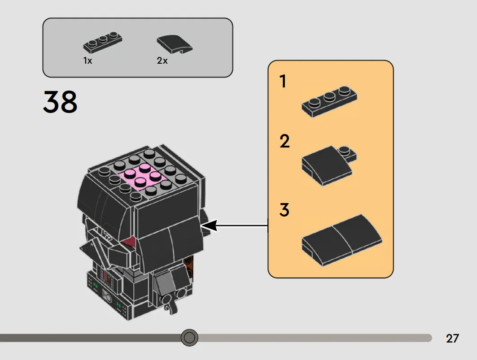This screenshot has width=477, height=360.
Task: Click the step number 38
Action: (x=60, y=102)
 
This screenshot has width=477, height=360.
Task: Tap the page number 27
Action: (x=452, y=338)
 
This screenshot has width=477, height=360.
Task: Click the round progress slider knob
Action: (x=189, y=337)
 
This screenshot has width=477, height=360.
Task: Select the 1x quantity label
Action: (x=88, y=61)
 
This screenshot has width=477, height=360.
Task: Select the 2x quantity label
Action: (x=162, y=61)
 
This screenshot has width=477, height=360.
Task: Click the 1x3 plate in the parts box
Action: (x=103, y=43)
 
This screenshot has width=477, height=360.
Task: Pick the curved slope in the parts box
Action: (x=175, y=44)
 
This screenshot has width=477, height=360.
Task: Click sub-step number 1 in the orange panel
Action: (x=283, y=82)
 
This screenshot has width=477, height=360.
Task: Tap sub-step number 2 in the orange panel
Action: (x=284, y=142)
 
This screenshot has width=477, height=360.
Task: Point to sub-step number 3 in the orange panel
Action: (x=284, y=210)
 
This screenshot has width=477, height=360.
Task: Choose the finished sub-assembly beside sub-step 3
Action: (x=342, y=240)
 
